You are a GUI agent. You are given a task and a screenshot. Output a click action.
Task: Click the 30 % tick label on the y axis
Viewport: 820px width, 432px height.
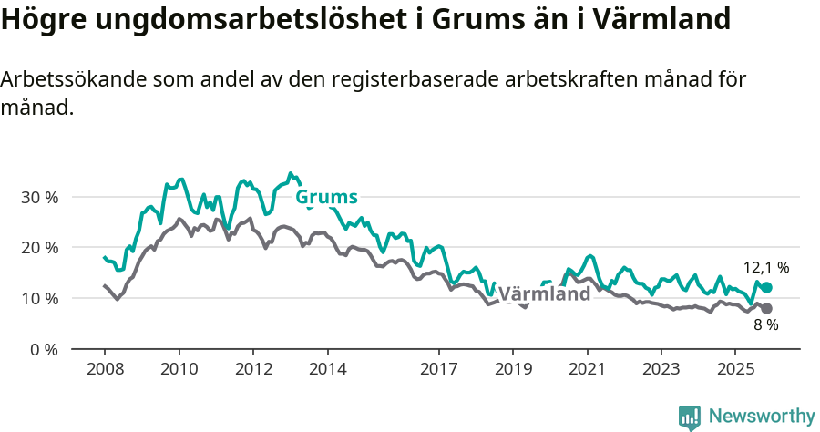[x=38, y=197]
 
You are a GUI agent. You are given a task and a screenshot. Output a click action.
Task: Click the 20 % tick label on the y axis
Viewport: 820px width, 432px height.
[x=38, y=247]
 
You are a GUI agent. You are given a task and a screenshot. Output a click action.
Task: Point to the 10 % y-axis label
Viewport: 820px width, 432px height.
[x=38, y=298]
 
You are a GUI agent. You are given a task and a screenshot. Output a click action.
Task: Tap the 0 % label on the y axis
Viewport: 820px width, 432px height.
[x=43, y=349]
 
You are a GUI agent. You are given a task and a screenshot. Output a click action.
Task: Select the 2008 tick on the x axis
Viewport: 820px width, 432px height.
[x=104, y=369]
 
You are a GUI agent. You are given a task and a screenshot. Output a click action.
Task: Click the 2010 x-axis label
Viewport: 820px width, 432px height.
[x=179, y=369]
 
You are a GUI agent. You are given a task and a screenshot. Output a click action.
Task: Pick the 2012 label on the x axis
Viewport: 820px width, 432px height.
[x=252, y=369]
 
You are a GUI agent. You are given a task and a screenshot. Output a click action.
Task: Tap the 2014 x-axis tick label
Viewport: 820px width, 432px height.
[x=327, y=369]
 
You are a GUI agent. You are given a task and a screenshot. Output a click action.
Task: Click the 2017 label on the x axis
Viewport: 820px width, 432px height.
[x=438, y=369]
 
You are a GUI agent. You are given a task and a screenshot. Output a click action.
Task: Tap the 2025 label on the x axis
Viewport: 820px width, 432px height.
[x=735, y=369]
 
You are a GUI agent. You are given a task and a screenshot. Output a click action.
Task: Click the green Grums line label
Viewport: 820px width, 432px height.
[x=326, y=197]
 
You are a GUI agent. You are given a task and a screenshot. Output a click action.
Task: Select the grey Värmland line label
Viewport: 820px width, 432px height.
[x=545, y=295]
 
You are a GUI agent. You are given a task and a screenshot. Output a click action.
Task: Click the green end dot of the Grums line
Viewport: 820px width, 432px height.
[x=766, y=287]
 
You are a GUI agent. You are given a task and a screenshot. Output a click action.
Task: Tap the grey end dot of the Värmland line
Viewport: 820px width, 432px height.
[x=766, y=308]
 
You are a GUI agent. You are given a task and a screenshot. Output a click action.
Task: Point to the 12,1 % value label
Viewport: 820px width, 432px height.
[x=766, y=268]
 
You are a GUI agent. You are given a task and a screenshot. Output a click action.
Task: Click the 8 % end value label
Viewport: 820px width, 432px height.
[x=765, y=325]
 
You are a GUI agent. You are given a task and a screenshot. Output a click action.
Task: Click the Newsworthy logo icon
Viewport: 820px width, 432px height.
[x=690, y=417]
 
